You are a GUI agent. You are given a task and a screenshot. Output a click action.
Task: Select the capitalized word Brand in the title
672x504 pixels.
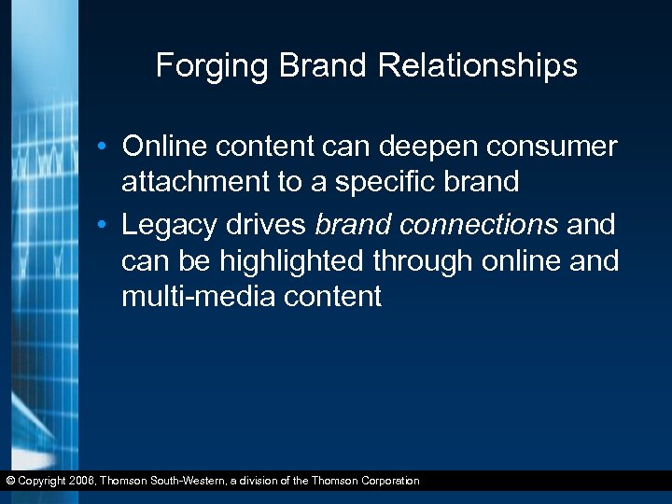coord(314,66)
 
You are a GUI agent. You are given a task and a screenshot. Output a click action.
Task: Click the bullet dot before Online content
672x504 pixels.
coord(110,147)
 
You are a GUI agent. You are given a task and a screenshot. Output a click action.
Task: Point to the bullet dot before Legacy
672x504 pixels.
coord(110,226)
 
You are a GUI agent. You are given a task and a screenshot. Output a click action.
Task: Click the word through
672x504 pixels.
coord(419,261)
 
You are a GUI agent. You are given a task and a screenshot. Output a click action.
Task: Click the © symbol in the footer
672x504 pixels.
coord(8,481)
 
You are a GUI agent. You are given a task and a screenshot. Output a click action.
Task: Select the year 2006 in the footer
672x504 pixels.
coord(80,481)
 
